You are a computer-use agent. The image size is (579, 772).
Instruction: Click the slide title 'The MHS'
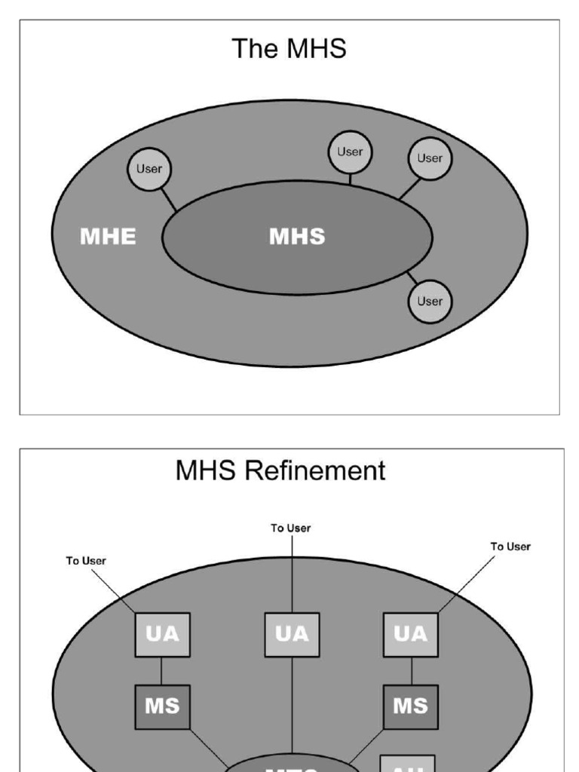(x=289, y=49)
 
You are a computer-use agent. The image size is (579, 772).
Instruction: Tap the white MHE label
(x=108, y=237)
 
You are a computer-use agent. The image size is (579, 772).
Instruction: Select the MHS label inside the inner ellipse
(x=297, y=237)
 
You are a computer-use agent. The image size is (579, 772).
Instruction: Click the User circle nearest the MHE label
(x=149, y=169)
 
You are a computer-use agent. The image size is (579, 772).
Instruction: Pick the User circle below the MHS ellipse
(x=430, y=301)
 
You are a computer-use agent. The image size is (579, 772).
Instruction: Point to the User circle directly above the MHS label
(x=349, y=152)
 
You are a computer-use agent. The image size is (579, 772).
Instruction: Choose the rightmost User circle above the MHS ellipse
(x=430, y=158)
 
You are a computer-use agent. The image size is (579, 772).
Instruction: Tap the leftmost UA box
(x=162, y=634)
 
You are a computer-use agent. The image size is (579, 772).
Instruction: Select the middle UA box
(x=292, y=634)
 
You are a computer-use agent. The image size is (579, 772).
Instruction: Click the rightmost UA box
(x=411, y=634)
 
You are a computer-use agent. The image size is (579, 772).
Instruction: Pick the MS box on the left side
(x=162, y=706)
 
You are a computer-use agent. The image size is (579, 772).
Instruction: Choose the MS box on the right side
(x=411, y=706)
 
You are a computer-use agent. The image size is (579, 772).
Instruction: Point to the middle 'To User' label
(x=291, y=528)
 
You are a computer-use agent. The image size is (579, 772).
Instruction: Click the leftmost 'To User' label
(x=87, y=560)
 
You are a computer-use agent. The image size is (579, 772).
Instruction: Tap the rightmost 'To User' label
(x=510, y=546)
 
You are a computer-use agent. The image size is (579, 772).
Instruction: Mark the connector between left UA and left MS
(x=162, y=670)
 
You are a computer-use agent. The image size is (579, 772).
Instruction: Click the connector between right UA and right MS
(x=411, y=670)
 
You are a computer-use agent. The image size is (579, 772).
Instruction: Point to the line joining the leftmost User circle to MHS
(x=167, y=200)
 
